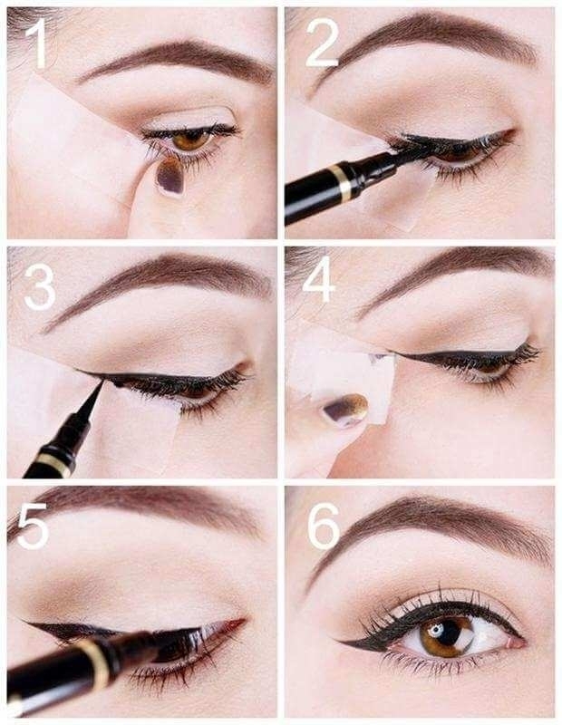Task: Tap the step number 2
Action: click(x=322, y=43)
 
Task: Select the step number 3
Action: click(x=40, y=286)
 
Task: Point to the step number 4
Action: click(x=318, y=279)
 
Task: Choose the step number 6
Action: click(x=324, y=527)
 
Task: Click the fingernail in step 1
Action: click(x=170, y=176)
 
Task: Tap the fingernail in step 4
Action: click(x=346, y=410)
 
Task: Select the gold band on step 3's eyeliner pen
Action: click(x=53, y=464)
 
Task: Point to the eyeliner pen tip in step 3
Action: click(x=102, y=382)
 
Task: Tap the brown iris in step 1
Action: click(x=191, y=140)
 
